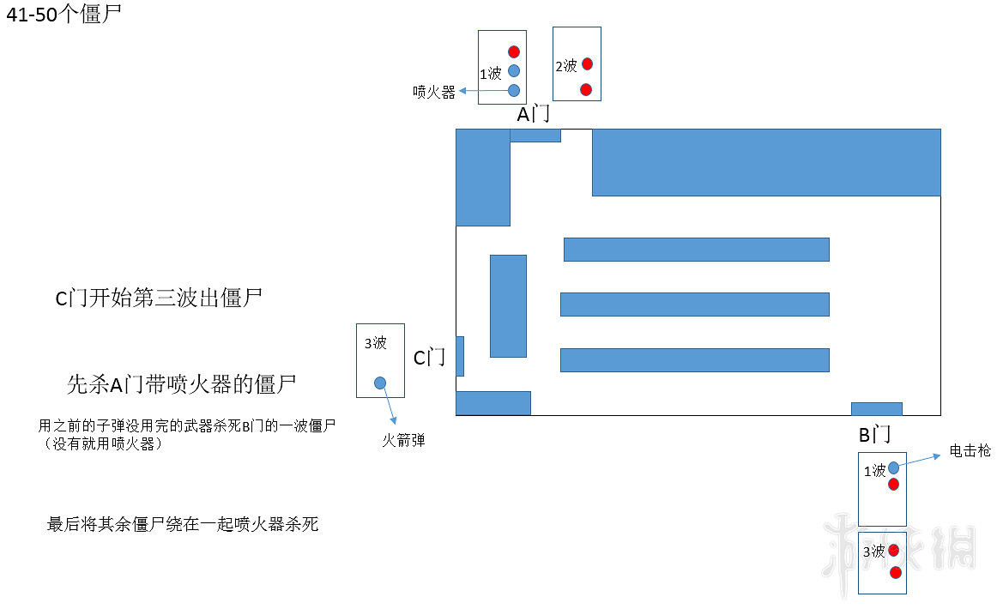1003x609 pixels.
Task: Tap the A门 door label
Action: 533,114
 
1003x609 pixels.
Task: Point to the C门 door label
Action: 429,358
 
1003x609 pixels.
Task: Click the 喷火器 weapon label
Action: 433,92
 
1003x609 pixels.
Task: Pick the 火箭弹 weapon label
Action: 403,441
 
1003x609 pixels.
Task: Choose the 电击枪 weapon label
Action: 970,450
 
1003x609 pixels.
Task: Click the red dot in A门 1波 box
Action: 514,51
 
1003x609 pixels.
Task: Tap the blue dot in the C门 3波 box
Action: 380,383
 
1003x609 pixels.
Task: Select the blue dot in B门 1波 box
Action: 893,467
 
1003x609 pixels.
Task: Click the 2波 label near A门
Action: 566,66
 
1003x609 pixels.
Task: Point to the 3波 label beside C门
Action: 376,343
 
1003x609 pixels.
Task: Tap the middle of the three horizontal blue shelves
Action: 695,304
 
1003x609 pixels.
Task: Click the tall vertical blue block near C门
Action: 508,305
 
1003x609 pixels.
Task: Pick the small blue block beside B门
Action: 876,408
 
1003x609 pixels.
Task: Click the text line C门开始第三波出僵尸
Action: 159,298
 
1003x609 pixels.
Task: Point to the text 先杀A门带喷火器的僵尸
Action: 181,384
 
